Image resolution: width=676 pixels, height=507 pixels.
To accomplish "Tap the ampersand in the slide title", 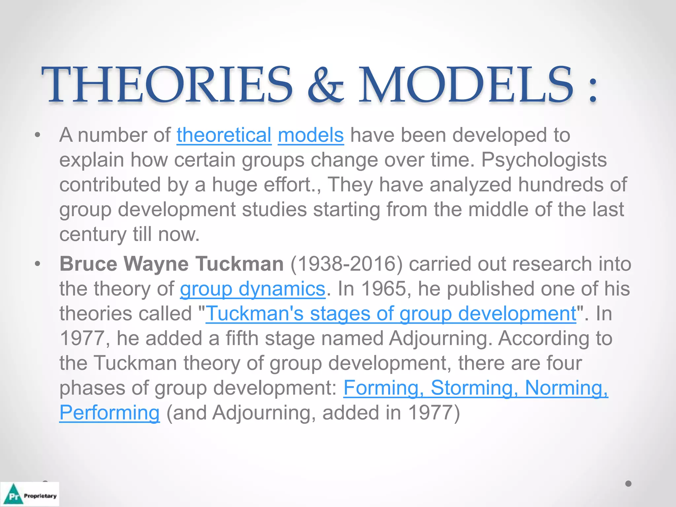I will pos(325,85).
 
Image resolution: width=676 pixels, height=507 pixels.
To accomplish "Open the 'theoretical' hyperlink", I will pos(224,135).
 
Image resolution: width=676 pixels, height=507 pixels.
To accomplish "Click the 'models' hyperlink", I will pos(311,135).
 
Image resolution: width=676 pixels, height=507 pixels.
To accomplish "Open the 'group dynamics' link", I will pos(253,289).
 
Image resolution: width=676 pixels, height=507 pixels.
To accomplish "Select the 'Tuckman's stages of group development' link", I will pos(391,314).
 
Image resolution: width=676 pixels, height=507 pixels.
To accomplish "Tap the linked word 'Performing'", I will pos(109,413).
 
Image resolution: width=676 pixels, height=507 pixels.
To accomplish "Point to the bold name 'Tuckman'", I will pos(239,264).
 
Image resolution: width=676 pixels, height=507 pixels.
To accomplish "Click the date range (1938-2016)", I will pos(346,264).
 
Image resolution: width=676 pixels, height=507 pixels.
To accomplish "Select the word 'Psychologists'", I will pos(544,160).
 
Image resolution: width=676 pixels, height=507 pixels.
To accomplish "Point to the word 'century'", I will pos(93,234).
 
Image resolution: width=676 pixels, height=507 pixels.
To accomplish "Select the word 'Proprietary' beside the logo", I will pos(40,496).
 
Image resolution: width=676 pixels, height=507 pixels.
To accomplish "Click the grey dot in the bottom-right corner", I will pos(628,484).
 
